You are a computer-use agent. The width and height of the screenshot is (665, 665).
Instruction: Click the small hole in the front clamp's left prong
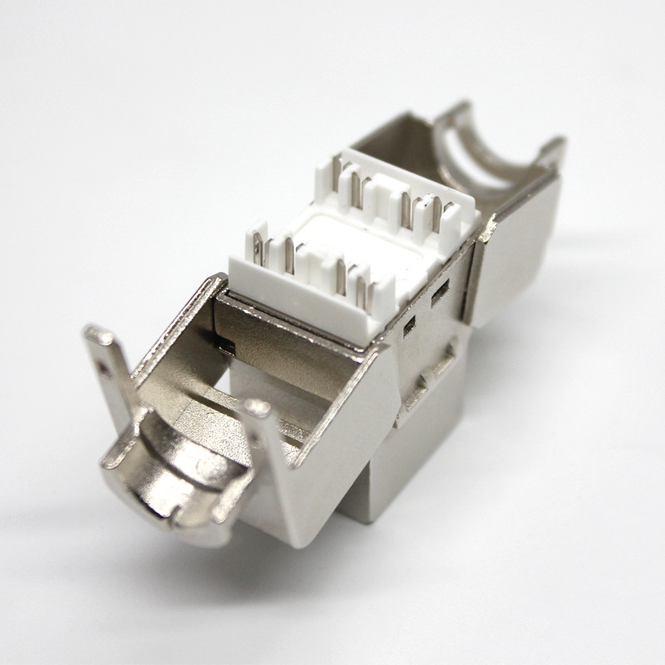click(x=104, y=362)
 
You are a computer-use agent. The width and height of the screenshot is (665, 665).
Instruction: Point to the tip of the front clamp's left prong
click(x=93, y=336)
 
